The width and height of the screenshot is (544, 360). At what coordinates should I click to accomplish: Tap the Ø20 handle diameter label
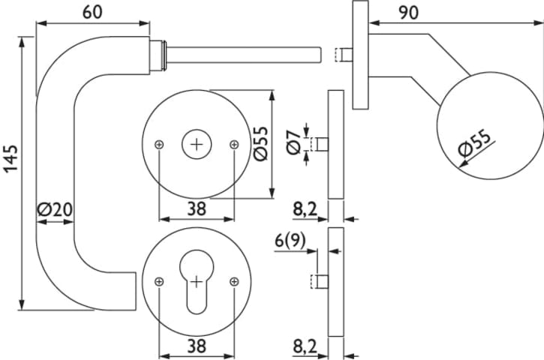coord(54,211)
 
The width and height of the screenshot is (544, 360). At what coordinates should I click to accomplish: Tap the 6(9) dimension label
coord(290,240)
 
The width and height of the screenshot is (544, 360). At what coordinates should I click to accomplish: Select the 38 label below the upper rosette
coord(196,209)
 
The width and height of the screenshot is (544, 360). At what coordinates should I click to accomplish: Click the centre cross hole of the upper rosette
coord(197,143)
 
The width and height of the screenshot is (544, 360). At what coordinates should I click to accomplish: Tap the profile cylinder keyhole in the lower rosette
coord(197,286)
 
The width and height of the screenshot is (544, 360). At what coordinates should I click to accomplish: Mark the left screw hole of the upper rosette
coord(159,144)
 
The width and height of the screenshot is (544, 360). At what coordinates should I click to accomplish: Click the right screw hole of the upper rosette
coord(234,144)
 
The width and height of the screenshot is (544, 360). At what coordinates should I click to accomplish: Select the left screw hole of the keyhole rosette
coord(159,281)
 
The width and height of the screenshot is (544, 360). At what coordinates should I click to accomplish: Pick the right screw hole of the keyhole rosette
coord(234,281)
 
